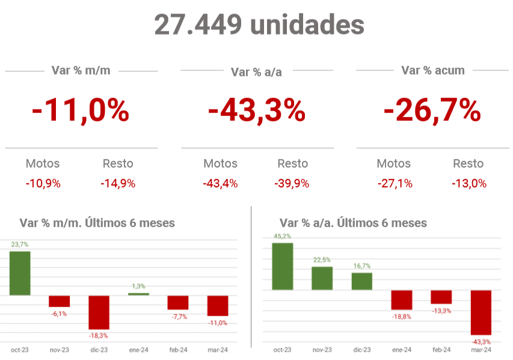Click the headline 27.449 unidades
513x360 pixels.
[x=259, y=25]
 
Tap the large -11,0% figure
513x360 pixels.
[x=81, y=111]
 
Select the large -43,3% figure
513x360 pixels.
[x=257, y=111]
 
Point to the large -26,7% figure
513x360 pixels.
[x=432, y=111]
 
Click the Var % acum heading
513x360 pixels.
[x=433, y=70]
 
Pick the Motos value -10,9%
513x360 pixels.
[x=43, y=184]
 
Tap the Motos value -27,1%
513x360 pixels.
[x=395, y=184]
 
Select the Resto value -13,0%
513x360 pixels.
[x=469, y=184]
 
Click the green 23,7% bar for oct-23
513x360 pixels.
[x=20, y=273]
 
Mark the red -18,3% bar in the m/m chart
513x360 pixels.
[x=99, y=312]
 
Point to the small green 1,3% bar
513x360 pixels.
[x=138, y=294]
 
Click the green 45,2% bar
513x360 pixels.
[x=282, y=266]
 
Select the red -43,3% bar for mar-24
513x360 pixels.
[x=481, y=313]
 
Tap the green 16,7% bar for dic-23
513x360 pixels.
[x=362, y=281]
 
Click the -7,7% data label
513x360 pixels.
[x=179, y=317]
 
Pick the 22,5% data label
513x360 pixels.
[x=322, y=260]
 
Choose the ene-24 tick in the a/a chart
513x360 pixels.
[x=402, y=350]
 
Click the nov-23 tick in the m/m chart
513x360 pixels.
[x=60, y=350]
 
